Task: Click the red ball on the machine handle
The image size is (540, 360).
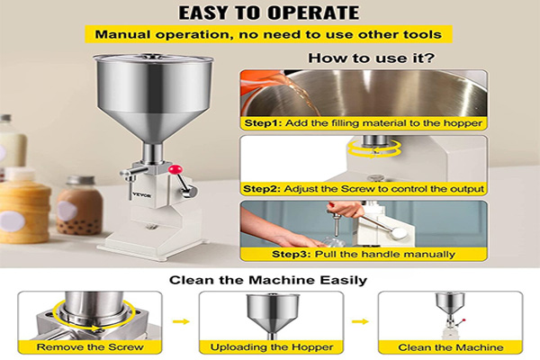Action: tap(175, 169)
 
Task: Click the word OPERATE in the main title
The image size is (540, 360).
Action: tap(313, 13)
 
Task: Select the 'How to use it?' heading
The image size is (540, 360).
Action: tap(371, 58)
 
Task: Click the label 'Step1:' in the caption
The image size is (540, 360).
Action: tap(264, 123)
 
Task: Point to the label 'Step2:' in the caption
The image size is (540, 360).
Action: tap(262, 189)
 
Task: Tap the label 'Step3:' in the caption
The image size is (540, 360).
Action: tap(292, 254)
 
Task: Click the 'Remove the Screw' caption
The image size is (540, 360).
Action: tap(90, 346)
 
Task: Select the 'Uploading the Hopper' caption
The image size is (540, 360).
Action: tap(272, 346)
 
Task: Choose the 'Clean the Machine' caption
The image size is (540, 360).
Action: tap(451, 347)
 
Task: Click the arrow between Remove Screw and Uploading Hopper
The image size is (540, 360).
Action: tap(181, 322)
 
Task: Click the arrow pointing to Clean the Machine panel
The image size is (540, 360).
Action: tap(360, 322)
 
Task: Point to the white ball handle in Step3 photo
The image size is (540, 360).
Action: tap(399, 233)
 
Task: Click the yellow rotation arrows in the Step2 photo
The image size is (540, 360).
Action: tap(374, 148)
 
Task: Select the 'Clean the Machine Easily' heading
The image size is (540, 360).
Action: tap(268, 280)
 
